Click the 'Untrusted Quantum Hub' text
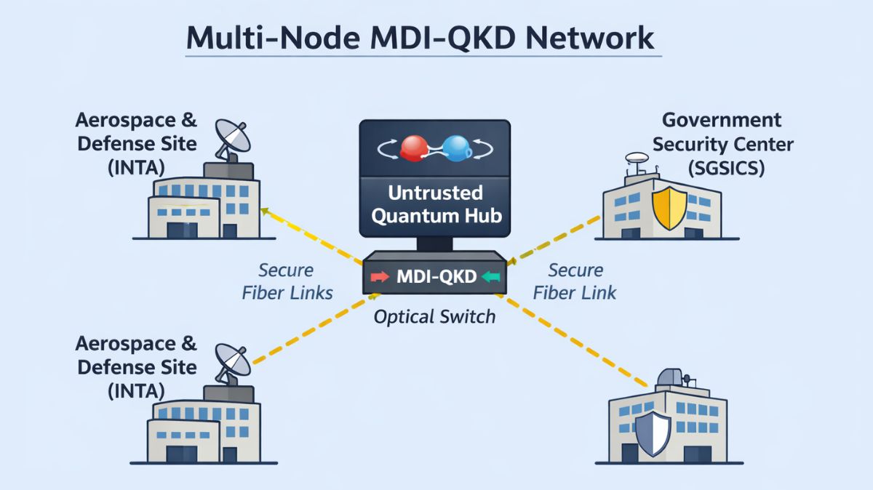pos(435,205)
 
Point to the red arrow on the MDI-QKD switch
pos(380,277)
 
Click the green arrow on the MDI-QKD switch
pos(493,277)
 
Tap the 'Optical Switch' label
pos(434,317)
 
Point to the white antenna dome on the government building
pos(635,156)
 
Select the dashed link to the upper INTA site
pos(313,236)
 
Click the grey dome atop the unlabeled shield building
pos(669,377)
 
